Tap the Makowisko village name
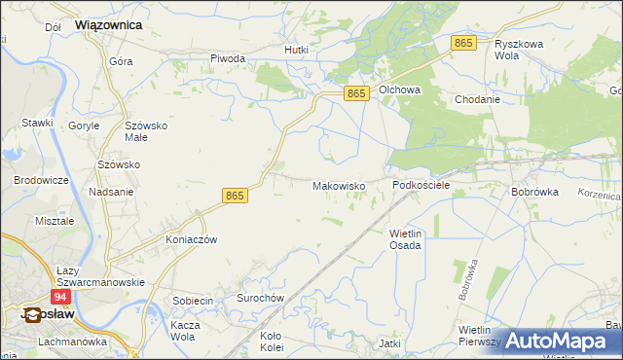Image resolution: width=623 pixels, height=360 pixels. (x=338, y=185)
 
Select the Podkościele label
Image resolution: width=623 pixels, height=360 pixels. (x=421, y=185)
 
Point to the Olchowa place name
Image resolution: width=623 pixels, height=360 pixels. (x=399, y=90)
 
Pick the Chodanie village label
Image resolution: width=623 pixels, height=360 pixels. (x=477, y=99)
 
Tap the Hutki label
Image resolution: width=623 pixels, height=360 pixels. (x=295, y=50)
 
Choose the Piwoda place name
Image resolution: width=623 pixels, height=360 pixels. (x=228, y=58)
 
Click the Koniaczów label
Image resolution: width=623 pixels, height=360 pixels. (x=190, y=239)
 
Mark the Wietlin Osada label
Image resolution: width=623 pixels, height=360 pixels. (x=405, y=239)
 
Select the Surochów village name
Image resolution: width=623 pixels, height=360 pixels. (x=260, y=298)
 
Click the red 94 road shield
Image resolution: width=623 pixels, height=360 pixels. (x=60, y=296)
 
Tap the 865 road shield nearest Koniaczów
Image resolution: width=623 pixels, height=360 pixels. (x=235, y=196)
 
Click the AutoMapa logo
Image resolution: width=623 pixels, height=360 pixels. (x=559, y=341)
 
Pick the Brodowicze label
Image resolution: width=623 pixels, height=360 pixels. (x=41, y=181)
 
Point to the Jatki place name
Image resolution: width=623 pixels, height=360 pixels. (x=389, y=343)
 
